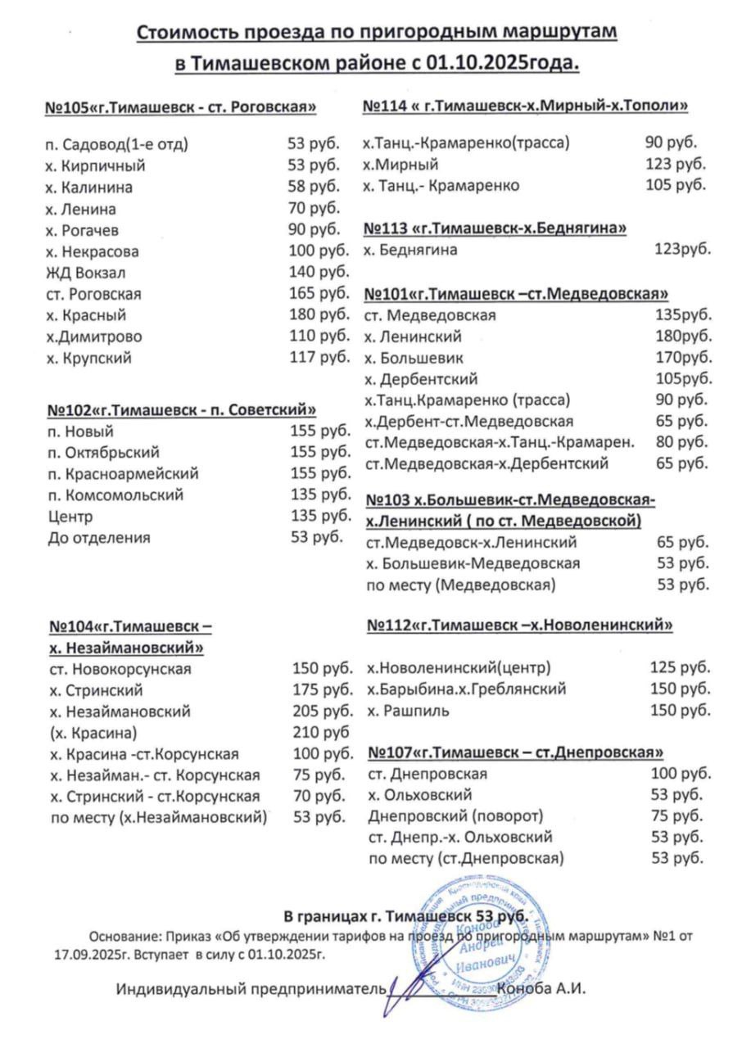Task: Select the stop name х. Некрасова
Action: click(x=93, y=251)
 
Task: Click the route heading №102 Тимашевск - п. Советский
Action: click(x=182, y=410)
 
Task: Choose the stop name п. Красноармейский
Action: click(x=124, y=474)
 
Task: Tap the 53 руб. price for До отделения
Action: click(x=314, y=538)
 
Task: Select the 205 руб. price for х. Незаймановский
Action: click(x=323, y=711)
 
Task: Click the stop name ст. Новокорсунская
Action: click(x=120, y=669)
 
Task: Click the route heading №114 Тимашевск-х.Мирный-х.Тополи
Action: click(x=525, y=106)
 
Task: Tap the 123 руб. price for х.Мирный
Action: click(x=676, y=164)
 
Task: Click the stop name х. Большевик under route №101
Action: click(x=415, y=358)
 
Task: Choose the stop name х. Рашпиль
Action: click(x=409, y=710)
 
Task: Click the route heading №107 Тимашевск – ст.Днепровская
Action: click(x=516, y=752)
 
